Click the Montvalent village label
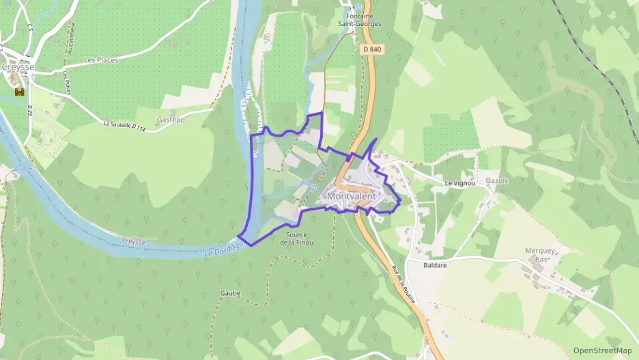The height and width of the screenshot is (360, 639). (x=352, y=196)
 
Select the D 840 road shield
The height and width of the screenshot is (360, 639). (x=372, y=49)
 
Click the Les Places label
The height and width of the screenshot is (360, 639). (x=100, y=60)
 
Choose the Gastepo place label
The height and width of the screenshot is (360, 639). (x=171, y=120)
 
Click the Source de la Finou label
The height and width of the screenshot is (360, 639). (x=296, y=238)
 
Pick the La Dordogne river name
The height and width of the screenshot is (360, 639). (x=225, y=250)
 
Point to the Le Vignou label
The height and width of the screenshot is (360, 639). (x=459, y=183)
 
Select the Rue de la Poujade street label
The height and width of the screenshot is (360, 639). (x=403, y=283)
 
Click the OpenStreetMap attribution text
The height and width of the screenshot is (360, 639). (x=603, y=350)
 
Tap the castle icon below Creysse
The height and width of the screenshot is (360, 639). (x=19, y=89)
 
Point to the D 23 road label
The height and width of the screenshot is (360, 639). (x=30, y=111)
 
